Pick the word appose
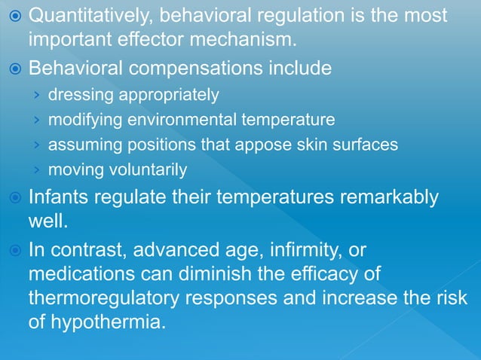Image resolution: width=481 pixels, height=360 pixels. [x=280, y=145]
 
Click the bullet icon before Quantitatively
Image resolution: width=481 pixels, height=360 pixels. [x=13, y=16]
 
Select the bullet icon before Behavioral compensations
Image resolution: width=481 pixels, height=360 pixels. [x=13, y=69]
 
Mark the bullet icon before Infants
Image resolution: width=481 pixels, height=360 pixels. [x=13, y=198]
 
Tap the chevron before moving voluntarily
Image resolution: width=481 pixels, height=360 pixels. [x=36, y=169]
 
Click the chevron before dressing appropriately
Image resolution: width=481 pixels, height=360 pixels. [x=36, y=95]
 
